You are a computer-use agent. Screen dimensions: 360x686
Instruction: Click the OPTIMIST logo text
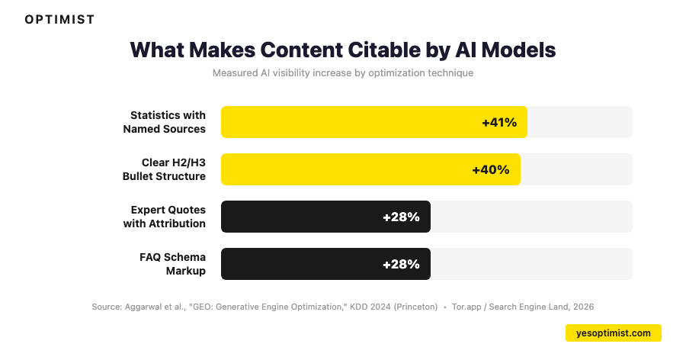pos(59,20)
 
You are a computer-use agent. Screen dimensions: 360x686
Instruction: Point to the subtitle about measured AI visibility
pos(343,73)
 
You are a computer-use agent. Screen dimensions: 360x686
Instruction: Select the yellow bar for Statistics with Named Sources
pos(351,122)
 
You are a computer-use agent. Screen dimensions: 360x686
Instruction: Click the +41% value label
pos(499,122)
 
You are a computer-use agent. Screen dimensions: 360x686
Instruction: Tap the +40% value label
pos(491,169)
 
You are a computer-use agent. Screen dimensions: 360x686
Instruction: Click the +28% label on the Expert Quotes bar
pos(401,217)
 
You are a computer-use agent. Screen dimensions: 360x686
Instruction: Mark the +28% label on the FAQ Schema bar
pos(401,264)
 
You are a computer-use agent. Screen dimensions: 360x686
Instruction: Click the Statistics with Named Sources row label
pos(165,122)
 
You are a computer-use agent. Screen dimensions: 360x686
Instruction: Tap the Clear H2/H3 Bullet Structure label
pos(165,169)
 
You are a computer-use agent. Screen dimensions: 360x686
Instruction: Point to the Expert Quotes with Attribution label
pos(165,217)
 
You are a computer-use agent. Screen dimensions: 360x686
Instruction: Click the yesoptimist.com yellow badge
pos(614,333)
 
